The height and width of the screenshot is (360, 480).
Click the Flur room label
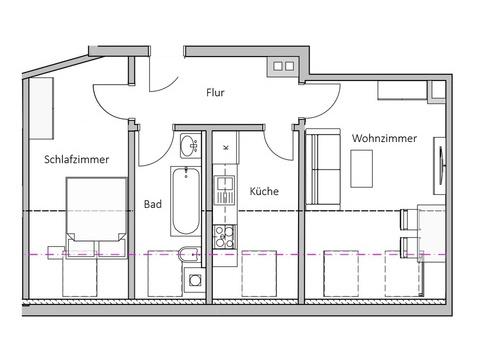pyautogui.click(x=215, y=92)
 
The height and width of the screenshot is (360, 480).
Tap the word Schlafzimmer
pyautogui.click(x=77, y=159)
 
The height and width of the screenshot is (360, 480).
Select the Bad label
pyautogui.click(x=153, y=204)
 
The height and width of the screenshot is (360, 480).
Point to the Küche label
pyautogui.click(x=264, y=191)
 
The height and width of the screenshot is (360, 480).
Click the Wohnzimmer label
pyautogui.click(x=384, y=138)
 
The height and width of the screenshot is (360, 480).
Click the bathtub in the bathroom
pyautogui.click(x=186, y=201)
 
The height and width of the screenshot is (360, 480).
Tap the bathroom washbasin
pyautogui.click(x=189, y=146)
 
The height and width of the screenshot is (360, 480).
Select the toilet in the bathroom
pyautogui.click(x=189, y=255)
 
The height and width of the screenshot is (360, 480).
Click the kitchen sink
pyautogui.click(x=225, y=190)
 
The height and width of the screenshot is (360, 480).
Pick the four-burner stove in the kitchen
pyautogui.click(x=224, y=237)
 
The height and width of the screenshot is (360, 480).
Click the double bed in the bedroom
pyautogui.click(x=96, y=218)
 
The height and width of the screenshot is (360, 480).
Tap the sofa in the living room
pyautogui.click(x=323, y=169)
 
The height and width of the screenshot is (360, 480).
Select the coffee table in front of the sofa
pyautogui.click(x=361, y=169)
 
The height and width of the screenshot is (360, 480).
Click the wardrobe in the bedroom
pyautogui.click(x=42, y=108)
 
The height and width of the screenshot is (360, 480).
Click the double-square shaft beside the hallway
pyautogui.click(x=283, y=66)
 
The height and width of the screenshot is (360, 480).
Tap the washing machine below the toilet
pyautogui.click(x=194, y=280)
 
